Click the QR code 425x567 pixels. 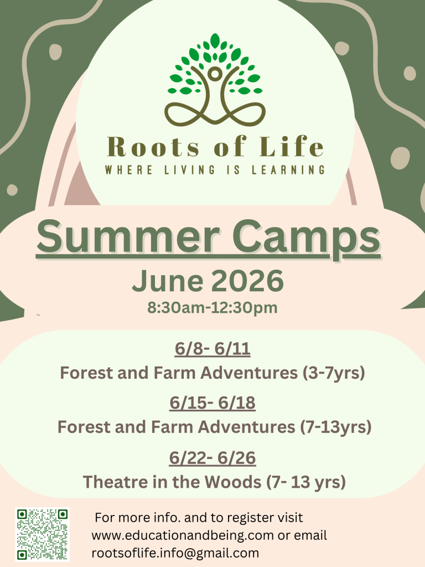tap(42, 534)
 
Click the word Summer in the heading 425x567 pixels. tap(128, 237)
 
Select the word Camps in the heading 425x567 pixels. tap(307, 239)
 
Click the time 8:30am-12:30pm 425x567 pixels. tap(212, 308)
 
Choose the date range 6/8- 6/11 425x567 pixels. tap(212, 349)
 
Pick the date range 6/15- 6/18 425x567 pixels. tap(212, 403)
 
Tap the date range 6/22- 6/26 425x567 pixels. tap(212, 458)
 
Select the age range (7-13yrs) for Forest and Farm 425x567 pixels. tap(336, 427)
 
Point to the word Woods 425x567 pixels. tap(233, 482)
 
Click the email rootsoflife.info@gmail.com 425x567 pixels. tap(175, 553)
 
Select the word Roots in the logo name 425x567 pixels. tap(153, 147)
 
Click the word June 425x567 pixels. tap(167, 281)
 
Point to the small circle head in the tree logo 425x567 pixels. tap(215, 74)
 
